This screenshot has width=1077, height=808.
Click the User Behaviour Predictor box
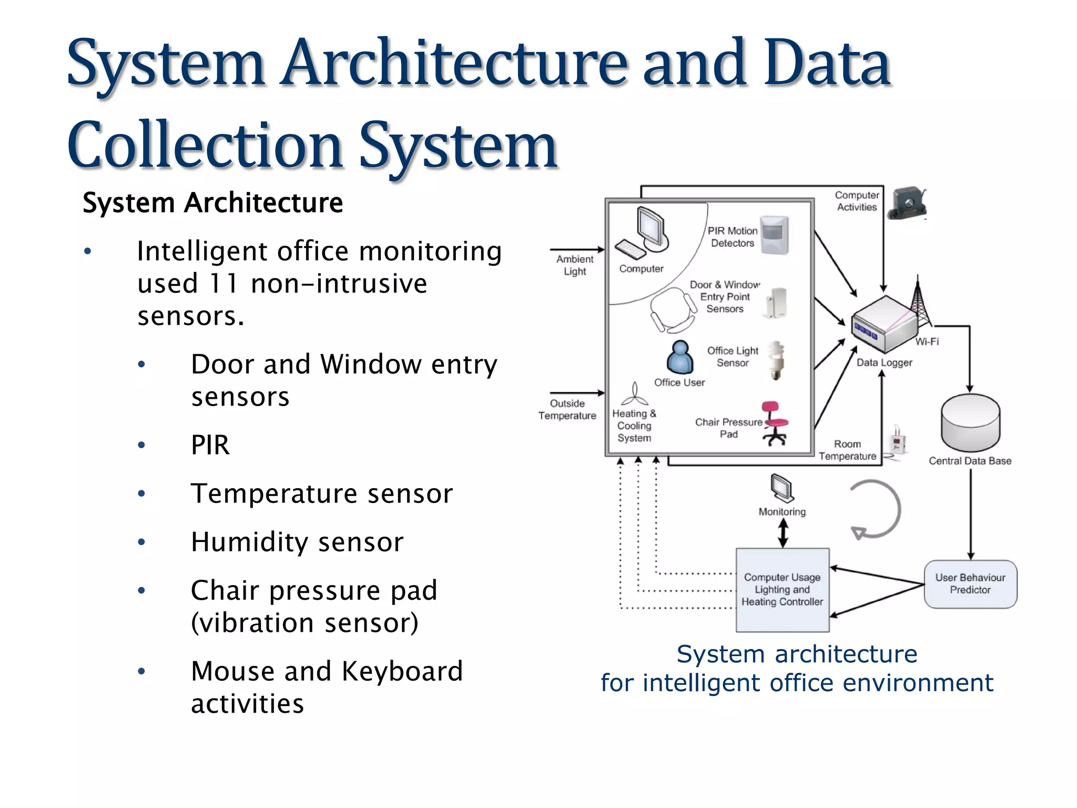(970, 584)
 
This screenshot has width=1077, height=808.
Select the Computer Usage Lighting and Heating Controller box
(783, 590)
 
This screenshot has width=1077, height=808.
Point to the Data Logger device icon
(884, 324)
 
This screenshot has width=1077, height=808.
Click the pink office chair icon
(775, 423)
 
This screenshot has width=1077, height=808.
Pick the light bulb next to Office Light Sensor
(776, 360)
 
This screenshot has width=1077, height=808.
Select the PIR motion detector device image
(775, 235)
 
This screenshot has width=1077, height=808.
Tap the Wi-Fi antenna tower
(918, 305)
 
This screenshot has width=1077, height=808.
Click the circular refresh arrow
(876, 509)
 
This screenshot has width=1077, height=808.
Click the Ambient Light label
(575, 265)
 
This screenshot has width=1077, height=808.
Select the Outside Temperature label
(567, 409)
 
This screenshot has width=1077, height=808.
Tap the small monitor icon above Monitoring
(782, 488)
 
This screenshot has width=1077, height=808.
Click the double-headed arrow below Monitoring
(783, 533)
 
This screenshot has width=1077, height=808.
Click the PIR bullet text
(210, 445)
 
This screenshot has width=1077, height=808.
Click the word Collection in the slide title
(206, 146)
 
